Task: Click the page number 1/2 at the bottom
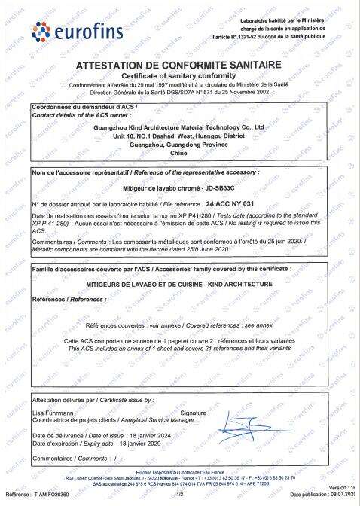click(179, 494)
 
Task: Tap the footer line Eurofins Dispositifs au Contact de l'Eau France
click(179, 471)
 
